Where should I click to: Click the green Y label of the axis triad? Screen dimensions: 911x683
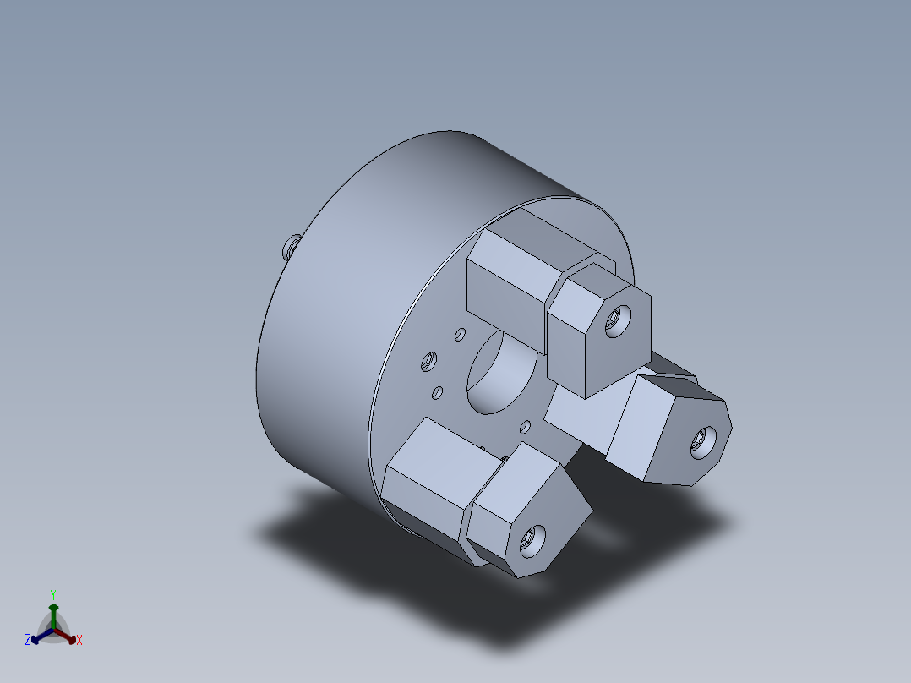[53, 594]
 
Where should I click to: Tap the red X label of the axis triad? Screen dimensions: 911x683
[79, 640]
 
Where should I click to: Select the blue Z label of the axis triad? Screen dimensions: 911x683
[28, 639]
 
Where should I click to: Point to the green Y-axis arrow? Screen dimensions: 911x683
[53, 616]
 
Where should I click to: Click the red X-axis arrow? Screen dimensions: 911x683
[65, 636]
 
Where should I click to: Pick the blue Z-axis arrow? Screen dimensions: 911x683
[42, 636]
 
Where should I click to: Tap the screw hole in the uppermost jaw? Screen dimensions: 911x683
[616, 321]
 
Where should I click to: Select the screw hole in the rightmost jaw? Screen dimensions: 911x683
[703, 443]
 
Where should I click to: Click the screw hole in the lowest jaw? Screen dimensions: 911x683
[532, 542]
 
